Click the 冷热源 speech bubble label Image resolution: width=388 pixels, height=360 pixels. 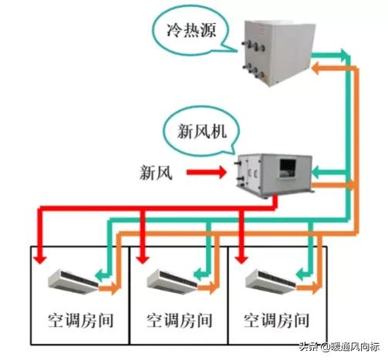(191, 31)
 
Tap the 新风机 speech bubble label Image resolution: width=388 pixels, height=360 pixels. (202, 131)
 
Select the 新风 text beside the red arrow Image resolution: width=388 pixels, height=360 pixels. (156, 172)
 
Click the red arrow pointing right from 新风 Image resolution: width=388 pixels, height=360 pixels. (207, 172)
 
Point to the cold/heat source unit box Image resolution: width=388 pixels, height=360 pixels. (279, 52)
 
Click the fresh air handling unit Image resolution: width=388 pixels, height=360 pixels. (274, 176)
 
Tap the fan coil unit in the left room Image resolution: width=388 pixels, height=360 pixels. (73, 281)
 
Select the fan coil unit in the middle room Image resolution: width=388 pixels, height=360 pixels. (172, 282)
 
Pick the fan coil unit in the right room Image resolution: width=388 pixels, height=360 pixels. (271, 282)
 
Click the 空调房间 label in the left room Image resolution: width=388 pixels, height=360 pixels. (81, 321)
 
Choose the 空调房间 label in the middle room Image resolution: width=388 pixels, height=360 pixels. (179, 321)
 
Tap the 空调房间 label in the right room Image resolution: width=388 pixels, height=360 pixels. (276, 321)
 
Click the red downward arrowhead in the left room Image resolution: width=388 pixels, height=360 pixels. (40, 259)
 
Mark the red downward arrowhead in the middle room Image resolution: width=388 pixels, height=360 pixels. (143, 259)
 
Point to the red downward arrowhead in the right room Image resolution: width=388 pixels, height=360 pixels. (241, 259)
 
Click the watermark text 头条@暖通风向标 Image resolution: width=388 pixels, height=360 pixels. (339, 347)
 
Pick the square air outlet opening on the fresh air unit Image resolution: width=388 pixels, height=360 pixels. (288, 168)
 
